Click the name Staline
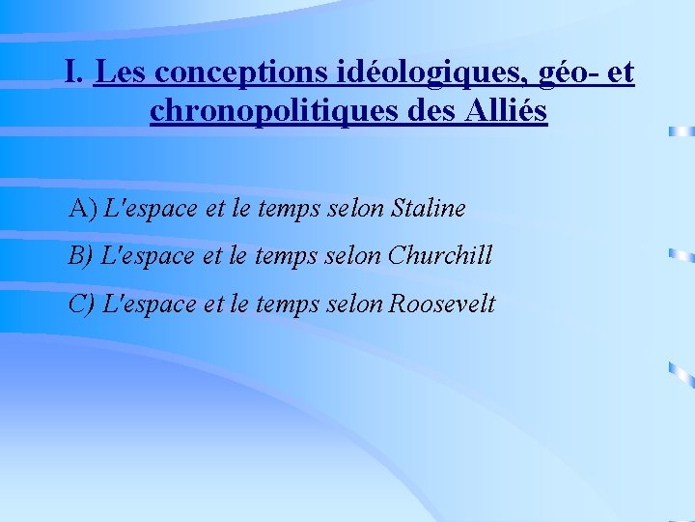point(429,208)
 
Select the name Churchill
point(440,256)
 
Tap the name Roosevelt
point(442,304)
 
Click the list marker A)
point(83,208)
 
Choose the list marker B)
point(82,256)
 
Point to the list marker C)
point(82,304)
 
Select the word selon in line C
point(358,304)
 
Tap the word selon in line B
point(358,256)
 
